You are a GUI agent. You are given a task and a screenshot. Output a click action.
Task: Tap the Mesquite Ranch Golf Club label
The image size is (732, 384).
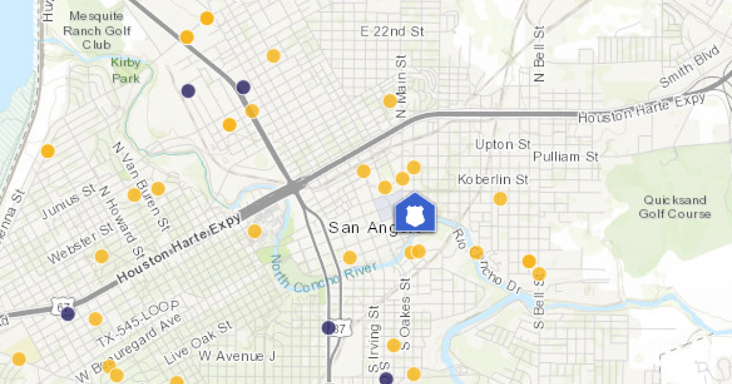coord(97,30)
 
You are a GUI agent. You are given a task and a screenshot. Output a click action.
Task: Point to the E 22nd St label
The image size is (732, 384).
coord(392,31)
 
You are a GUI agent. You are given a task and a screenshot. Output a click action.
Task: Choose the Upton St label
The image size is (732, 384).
coord(503,144)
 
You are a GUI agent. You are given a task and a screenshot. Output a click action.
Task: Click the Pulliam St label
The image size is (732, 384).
coord(565,157)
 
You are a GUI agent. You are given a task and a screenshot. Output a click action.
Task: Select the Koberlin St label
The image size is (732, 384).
coord(492,179)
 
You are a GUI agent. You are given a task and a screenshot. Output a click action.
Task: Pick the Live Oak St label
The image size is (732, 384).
coord(199,342)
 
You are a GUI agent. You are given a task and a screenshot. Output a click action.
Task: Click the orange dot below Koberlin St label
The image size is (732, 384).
coord(500,199)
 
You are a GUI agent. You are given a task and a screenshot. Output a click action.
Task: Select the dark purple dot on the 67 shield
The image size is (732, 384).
coord(68,315)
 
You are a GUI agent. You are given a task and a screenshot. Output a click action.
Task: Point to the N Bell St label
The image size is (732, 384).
coord(539,54)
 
